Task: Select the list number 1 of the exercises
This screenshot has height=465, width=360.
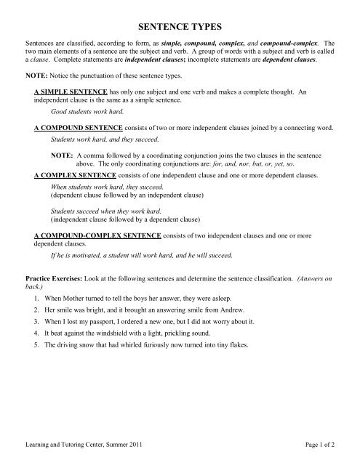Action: tap(36, 299)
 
